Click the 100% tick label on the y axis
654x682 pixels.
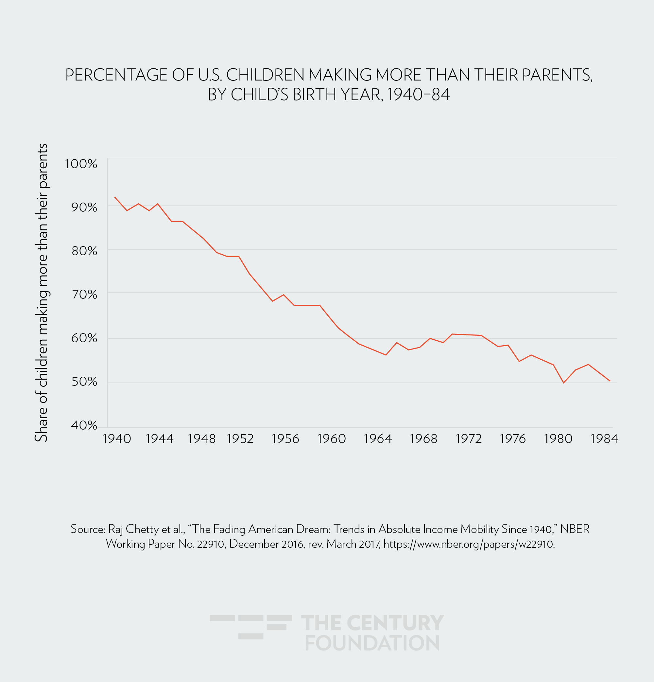coord(81,164)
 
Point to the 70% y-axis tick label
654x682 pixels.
coord(84,295)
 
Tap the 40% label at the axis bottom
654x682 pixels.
coord(84,425)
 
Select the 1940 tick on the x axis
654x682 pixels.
coord(117,439)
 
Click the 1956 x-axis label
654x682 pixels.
coord(285,439)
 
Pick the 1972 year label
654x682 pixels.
coord(469,439)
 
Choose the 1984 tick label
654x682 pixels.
coord(604,439)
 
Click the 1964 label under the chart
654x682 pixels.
coord(378,439)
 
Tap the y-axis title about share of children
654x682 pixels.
coord(42,293)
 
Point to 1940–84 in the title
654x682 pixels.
coord(418,94)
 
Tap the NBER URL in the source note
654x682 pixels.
coord(469,544)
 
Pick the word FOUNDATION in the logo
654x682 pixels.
coord(372,643)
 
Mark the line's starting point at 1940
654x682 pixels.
coord(115,197)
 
